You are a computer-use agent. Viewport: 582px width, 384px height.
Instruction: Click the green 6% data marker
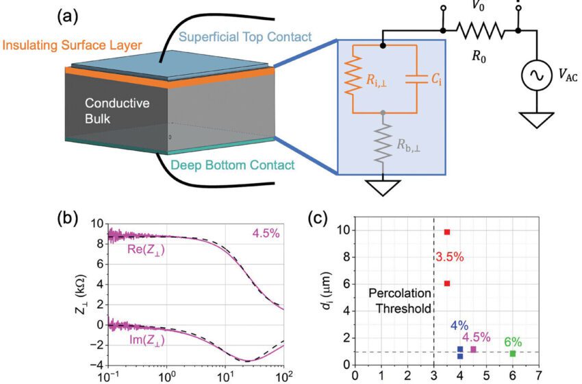[513, 354]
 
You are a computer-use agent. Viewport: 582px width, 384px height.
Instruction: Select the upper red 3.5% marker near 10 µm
[447, 232]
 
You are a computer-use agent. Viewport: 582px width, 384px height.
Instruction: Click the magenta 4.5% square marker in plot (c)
[473, 350]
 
